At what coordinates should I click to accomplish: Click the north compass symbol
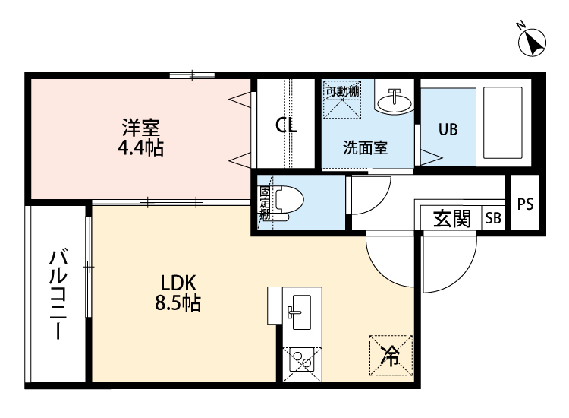click(532, 42)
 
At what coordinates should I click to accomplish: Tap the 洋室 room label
click(141, 127)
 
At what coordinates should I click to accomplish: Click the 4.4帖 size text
click(140, 147)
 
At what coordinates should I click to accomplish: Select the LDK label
click(178, 283)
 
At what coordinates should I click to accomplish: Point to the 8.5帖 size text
click(178, 302)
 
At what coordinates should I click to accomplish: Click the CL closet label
click(286, 125)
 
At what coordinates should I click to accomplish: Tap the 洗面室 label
click(366, 147)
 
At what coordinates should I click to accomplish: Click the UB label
click(448, 129)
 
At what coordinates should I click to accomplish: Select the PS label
click(525, 204)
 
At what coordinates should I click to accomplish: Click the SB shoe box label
click(493, 217)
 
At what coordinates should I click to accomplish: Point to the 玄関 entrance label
click(452, 218)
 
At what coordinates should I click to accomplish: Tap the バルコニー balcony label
click(58, 294)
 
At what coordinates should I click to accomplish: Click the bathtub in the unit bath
click(503, 123)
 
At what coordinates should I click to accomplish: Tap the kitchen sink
click(300, 312)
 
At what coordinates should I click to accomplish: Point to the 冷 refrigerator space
click(391, 355)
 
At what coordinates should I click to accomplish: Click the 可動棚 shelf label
click(342, 91)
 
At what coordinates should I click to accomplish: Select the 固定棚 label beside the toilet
click(265, 203)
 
